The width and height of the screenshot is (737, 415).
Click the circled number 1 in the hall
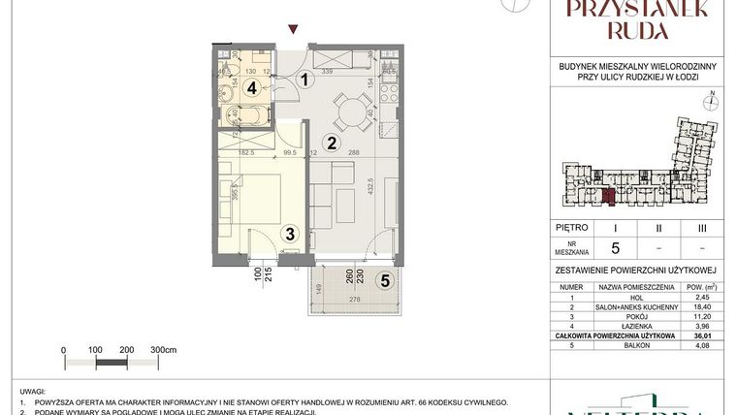(304, 80)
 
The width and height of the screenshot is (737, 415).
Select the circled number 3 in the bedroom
(289, 233)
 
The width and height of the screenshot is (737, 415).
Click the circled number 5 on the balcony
(384, 282)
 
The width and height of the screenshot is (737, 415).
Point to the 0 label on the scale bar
(63, 349)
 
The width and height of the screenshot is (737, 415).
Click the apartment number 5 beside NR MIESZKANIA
(615, 245)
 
